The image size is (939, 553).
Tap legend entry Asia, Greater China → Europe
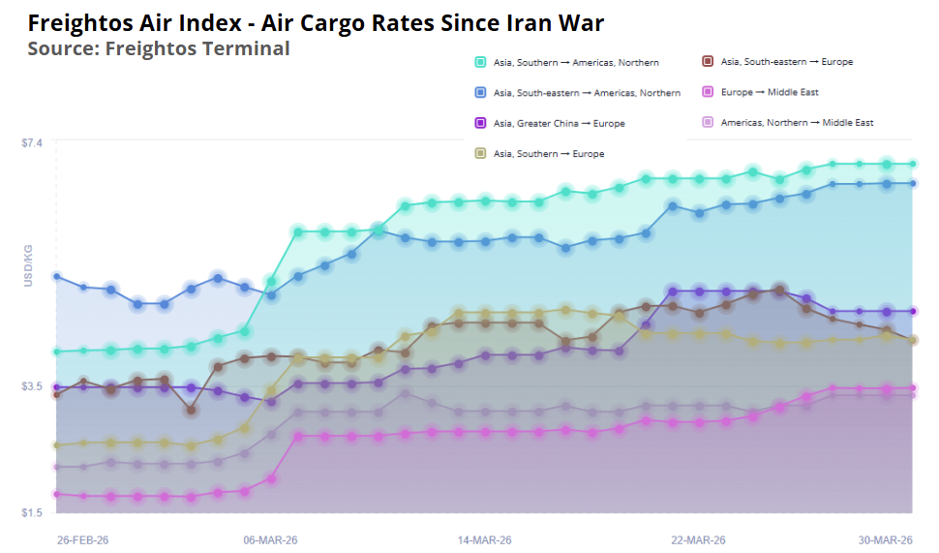point(558,124)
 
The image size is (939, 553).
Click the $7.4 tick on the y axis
point(32,142)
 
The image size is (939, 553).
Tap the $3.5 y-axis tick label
point(32,386)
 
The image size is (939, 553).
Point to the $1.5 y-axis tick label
point(32,512)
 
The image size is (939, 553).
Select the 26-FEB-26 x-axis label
point(82,539)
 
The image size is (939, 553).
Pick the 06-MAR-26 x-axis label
point(271,539)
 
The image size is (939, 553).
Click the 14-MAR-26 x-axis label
point(485,539)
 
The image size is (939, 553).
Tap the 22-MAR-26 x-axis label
point(699,539)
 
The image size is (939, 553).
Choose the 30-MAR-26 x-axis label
point(887,539)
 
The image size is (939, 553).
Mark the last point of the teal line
point(913,164)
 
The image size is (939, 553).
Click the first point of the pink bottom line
point(56,494)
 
